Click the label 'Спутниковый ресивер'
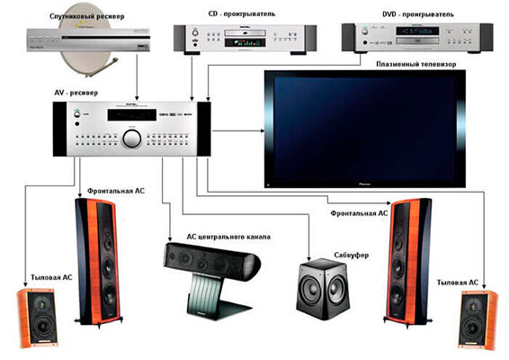(87, 16)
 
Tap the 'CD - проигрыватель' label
(242, 13)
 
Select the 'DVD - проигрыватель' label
(418, 14)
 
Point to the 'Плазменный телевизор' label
(415, 64)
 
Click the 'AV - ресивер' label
(76, 93)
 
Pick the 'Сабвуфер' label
(352, 256)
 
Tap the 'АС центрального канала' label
(228, 237)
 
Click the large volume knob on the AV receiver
(132, 138)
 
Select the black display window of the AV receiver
(132, 115)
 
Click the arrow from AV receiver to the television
(238, 130)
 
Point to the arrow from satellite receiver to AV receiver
(137, 77)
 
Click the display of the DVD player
(417, 31)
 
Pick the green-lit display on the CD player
(246, 42)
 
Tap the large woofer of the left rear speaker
(42, 325)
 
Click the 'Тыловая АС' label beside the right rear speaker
(458, 283)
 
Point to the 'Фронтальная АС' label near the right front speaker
(359, 213)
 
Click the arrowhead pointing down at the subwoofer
(309, 258)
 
